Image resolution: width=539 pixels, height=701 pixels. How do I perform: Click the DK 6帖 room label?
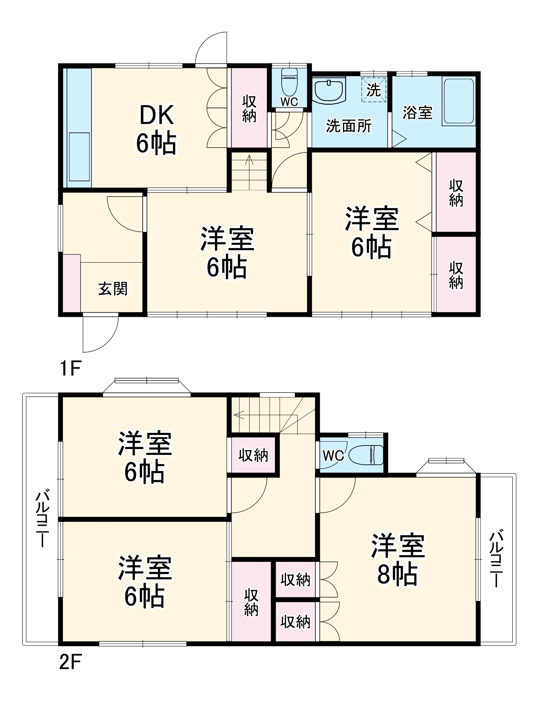156,129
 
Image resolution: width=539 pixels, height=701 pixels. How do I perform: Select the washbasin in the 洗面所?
329,91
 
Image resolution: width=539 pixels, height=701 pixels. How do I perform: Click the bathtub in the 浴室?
459,102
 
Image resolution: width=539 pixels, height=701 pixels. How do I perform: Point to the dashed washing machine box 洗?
373,90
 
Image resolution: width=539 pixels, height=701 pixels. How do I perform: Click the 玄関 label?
113,289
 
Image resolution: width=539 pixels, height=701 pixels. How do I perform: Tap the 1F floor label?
70,368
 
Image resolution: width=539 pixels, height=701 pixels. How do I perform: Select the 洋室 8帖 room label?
397,560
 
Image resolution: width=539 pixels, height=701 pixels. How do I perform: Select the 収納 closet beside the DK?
249,108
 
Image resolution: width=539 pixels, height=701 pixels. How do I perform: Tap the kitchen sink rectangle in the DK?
79,157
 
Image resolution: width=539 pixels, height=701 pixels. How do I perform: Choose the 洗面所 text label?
349,126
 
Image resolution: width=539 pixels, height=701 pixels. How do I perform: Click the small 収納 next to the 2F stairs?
253,455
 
